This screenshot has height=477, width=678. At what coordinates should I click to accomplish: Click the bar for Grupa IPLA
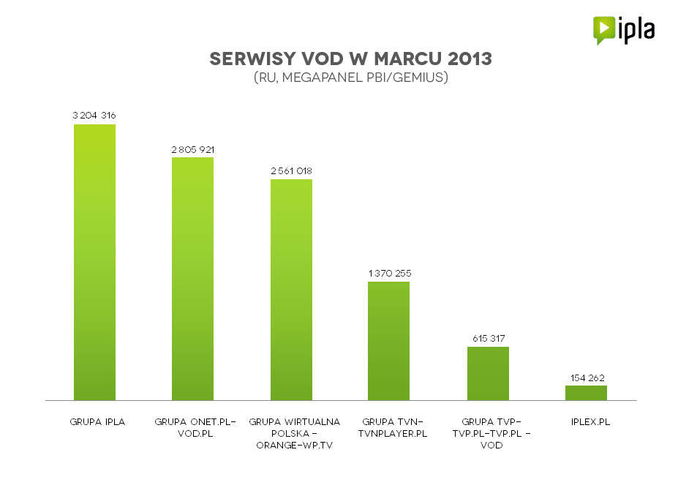94,262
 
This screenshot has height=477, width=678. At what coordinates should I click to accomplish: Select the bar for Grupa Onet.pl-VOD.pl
192,279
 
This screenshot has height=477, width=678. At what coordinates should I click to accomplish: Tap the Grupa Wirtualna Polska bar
291,290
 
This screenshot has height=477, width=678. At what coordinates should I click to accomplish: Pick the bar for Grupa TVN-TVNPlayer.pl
388,341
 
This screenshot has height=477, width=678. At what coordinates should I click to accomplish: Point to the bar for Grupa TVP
488,373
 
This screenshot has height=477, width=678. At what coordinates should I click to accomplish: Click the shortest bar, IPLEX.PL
586,393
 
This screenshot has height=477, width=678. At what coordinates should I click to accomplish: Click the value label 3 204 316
94,116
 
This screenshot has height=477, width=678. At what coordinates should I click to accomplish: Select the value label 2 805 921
192,149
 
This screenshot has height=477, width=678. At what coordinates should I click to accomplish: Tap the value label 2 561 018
291,170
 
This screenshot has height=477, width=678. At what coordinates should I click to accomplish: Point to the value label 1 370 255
388,273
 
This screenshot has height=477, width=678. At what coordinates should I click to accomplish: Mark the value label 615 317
488,338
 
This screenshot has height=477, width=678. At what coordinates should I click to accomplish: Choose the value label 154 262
586,378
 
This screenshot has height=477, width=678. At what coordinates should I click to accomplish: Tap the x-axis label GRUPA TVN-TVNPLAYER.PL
391,428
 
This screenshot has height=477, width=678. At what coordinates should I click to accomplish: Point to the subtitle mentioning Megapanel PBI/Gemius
350,77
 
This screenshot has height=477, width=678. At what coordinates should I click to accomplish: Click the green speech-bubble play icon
603,30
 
